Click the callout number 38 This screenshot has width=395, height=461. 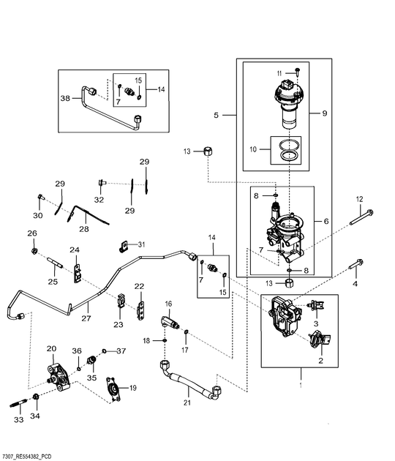pos(65,98)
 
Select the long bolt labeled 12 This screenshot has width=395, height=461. pos(361,217)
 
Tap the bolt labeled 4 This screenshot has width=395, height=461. pos(356,263)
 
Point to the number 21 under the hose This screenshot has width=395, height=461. pos(187,402)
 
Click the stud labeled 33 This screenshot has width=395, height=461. pos(18,403)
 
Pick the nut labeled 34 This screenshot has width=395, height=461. pos(36,397)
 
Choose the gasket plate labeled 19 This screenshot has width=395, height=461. pos(113,389)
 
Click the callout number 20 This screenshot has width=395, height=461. pos(51,349)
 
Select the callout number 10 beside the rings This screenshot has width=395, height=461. pos(253,149)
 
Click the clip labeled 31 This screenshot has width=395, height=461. pos(124,247)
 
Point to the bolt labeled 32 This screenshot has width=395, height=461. pos(102,183)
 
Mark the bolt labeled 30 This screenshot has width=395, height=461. pos(40,197)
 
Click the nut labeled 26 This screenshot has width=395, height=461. pos(34,251)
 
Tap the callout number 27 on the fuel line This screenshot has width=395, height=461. pos(86,318)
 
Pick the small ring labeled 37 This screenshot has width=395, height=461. pos(105,351)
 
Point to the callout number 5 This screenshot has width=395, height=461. pos(217,116)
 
